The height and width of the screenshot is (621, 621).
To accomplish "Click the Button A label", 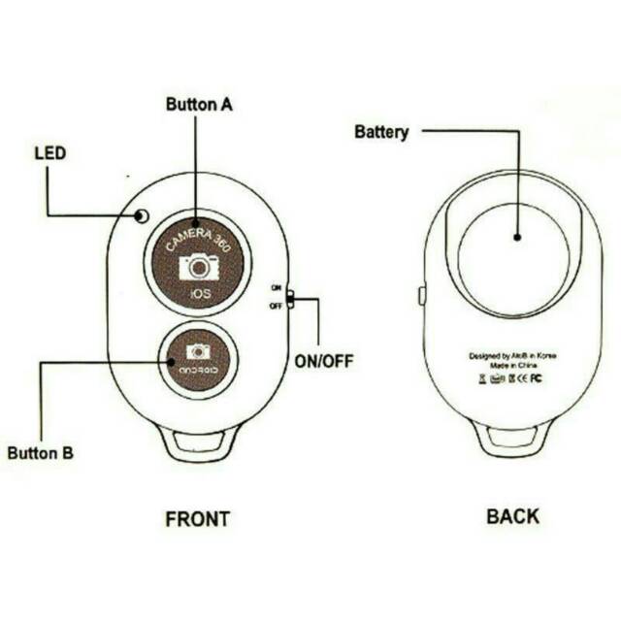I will pos(198,105).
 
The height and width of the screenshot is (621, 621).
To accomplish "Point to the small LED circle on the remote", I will pos(142,215).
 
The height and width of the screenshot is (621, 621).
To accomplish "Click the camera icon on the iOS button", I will pos(199,266).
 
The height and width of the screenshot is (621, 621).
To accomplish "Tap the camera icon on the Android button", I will pos(198,351).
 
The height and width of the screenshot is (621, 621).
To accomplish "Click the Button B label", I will pos(40,452).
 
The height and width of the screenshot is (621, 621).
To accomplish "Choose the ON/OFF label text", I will pos(323,362).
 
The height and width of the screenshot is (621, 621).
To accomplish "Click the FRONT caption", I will pos(197,518).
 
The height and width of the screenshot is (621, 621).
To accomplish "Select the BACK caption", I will pos(511,516).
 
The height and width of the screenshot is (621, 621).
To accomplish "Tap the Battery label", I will pos(381,132).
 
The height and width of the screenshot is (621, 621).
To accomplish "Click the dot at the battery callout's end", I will pos(517,236).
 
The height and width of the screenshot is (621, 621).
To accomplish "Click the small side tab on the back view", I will pos(422,295).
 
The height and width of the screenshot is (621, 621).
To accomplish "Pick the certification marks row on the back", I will pos(510,379).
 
